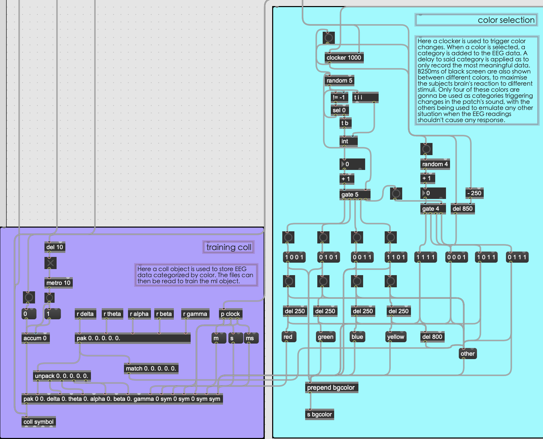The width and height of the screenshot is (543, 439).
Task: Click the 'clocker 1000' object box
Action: click(344, 58)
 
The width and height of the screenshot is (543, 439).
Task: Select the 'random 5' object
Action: click(339, 81)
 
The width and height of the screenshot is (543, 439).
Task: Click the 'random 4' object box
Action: click(435, 164)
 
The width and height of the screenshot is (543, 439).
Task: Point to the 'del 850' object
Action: click(462, 209)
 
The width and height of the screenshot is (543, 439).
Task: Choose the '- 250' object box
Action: click(474, 193)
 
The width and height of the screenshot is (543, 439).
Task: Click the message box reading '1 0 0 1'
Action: click(294, 257)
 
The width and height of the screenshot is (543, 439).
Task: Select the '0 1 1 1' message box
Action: click(517, 257)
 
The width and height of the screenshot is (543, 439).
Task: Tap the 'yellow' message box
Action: click(395, 337)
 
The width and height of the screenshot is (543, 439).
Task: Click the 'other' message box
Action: click(468, 354)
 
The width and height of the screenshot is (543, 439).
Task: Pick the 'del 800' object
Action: click(432, 337)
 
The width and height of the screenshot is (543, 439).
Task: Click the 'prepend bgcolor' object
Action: click(331, 388)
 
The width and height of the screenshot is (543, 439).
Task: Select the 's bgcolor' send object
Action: click(319, 414)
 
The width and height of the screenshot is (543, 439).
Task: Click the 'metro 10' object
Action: click(58, 283)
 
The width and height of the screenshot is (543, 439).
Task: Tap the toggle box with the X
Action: click(51, 263)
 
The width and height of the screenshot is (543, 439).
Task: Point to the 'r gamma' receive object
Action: click(195, 314)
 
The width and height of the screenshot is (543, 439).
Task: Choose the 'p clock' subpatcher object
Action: click(230, 314)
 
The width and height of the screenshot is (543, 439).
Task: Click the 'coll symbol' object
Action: click(38, 422)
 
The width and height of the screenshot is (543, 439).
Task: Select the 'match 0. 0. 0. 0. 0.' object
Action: click(151, 369)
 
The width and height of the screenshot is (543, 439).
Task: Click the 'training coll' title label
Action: click(229, 247)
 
